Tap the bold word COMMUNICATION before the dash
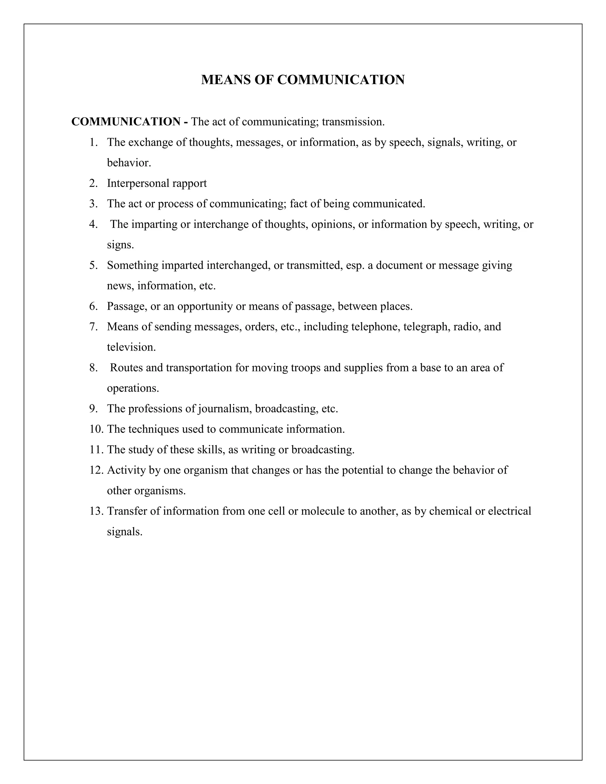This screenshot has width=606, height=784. pyautogui.click(x=126, y=122)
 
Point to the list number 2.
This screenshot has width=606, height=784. pyautogui.click(x=93, y=183)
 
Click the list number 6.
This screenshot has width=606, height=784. pyautogui.click(x=93, y=306)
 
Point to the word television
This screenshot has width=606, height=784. pyautogui.click(x=131, y=347)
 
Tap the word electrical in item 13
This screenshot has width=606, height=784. pyautogui.click(x=510, y=511)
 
